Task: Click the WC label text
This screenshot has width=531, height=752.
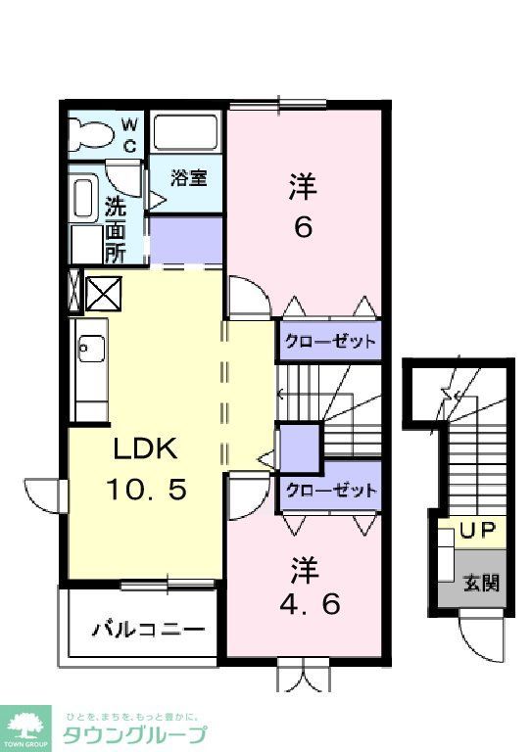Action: click(x=129, y=134)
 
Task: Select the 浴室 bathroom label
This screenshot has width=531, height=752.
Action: click(x=188, y=178)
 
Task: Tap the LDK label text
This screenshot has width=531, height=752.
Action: click(x=144, y=449)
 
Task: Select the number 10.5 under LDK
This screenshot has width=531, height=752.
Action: click(x=144, y=488)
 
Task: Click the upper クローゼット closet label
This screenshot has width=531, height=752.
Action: click(x=329, y=342)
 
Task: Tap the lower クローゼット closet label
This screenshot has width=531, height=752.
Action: click(x=329, y=491)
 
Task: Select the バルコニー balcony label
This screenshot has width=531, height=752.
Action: click(x=148, y=629)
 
